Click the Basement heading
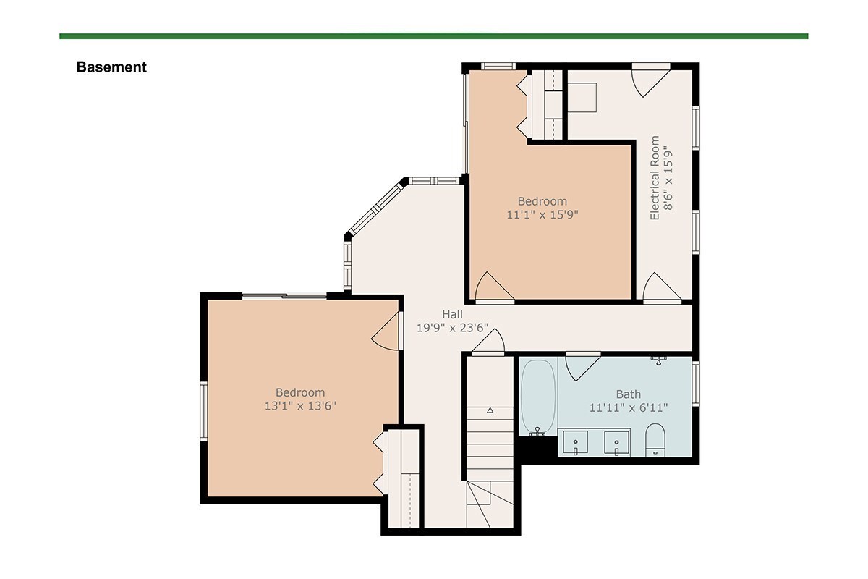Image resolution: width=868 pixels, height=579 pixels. coord(111,67)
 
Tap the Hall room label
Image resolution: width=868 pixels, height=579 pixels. coord(452,314)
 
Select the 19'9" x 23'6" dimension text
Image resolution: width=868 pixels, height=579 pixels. coord(452,328)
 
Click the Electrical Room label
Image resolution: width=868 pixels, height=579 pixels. coord(655,177)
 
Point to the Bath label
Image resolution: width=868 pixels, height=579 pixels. coord(628,394)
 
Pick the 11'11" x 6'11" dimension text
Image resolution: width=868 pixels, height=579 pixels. coord(628,407)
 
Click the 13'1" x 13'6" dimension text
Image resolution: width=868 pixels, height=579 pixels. coord(300,405)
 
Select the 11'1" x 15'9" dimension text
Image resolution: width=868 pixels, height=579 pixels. coord(542,214)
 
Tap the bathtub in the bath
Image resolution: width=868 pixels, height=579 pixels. coord(538,397)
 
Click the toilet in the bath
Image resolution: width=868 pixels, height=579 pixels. coord(655,440)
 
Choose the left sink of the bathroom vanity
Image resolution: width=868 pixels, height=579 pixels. coord(576,442)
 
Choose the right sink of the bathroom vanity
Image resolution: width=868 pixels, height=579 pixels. coord(616,442)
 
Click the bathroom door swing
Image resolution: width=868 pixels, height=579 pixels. coord(582,366)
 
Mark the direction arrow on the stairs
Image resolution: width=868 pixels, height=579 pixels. coord(490,410)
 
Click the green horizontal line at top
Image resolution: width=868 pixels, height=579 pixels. coord(433,36)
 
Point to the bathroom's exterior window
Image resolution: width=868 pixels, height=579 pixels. coord(696,384)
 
